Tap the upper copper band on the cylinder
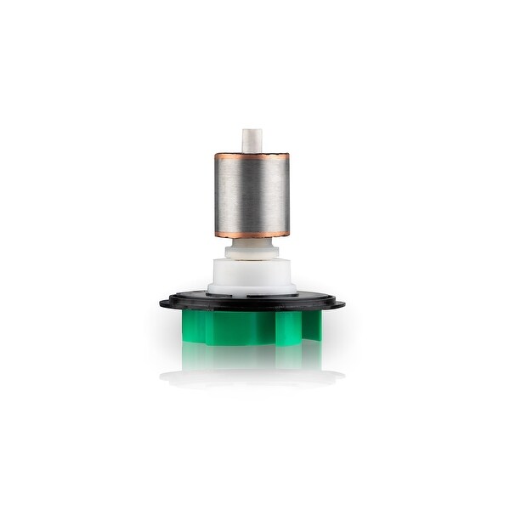252,157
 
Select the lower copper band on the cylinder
252,233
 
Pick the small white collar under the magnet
252,248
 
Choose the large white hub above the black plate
252,274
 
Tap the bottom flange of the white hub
252,292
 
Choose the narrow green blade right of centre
289,326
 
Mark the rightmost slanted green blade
314,326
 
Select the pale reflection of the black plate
252,377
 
